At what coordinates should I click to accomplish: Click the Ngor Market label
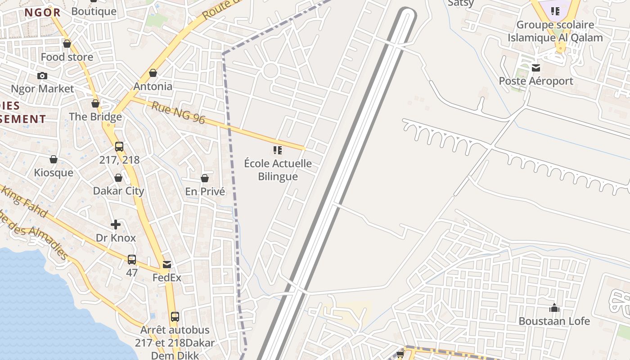42,89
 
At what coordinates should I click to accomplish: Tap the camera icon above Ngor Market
42,76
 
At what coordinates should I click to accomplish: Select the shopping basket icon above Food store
67,44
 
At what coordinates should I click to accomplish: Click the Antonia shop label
153,86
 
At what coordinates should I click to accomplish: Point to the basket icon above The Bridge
95,103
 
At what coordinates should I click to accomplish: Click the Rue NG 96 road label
178,113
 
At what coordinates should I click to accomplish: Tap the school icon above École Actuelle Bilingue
278,150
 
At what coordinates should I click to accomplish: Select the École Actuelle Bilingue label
278,170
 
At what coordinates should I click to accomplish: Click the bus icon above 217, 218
119,147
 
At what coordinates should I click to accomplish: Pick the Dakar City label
118,191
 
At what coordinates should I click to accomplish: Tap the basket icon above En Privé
205,178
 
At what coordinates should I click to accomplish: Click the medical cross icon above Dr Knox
116,224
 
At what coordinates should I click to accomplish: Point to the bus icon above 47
132,260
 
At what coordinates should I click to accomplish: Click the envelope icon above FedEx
167,265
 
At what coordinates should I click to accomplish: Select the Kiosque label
54,173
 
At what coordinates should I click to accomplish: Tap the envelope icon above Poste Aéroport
536,68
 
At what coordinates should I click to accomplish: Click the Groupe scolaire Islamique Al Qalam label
555,31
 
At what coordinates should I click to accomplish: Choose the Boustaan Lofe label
554,321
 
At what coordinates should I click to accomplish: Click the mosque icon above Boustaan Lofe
554,308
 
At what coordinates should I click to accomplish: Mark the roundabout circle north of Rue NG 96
270,71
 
